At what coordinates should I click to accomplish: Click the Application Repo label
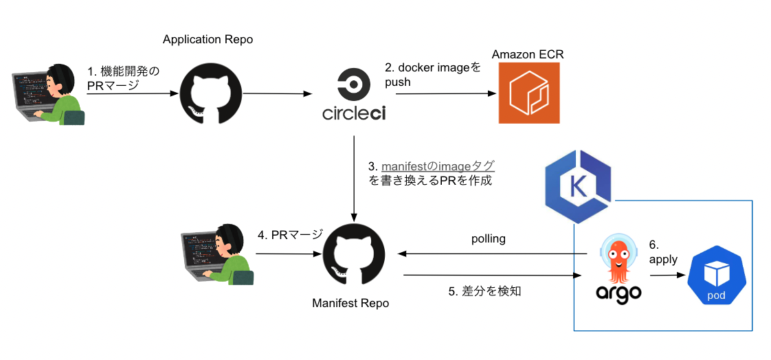[208, 40]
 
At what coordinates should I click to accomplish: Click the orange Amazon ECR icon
[528, 93]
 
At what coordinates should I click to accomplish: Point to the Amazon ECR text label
[528, 54]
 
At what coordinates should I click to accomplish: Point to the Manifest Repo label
[350, 303]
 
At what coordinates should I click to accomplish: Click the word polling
[488, 239]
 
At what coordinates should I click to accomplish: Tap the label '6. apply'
[662, 252]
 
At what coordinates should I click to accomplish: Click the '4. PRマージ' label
[289, 235]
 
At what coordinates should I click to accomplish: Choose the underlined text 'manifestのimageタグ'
[438, 166]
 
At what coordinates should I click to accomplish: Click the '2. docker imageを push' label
[432, 75]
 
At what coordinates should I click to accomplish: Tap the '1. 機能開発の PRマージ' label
[123, 78]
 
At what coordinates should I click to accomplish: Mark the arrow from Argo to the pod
[667, 275]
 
